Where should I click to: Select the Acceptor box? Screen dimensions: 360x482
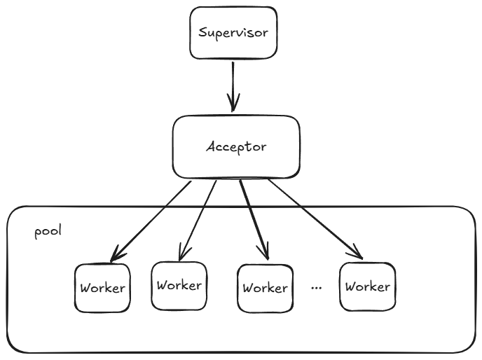236,146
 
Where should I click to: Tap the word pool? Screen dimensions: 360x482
48,231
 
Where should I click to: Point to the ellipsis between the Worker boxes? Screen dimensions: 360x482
315,287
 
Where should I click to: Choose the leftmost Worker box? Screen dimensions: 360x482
102,287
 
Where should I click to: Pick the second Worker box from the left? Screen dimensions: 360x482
179,285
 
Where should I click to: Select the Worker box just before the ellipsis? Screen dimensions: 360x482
264,288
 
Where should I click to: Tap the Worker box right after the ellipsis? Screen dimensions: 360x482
367,286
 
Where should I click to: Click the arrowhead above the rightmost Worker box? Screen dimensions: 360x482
357,251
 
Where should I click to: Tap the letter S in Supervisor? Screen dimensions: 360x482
202,33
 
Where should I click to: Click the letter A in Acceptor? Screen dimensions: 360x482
211,147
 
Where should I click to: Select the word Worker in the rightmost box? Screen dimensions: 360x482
367,286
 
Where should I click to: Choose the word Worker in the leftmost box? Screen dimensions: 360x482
102,288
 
